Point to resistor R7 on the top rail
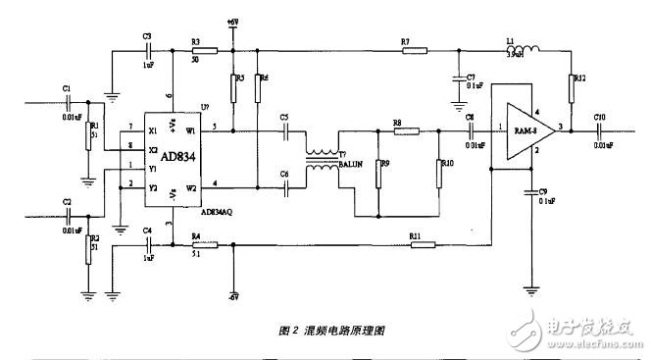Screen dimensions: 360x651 pyautogui.click(x=406, y=51)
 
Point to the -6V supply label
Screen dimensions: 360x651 pyautogui.click(x=232, y=295)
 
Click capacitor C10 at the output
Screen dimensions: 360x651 pyautogui.click(x=599, y=129)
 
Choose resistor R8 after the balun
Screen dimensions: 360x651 pyautogui.click(x=406, y=129)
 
